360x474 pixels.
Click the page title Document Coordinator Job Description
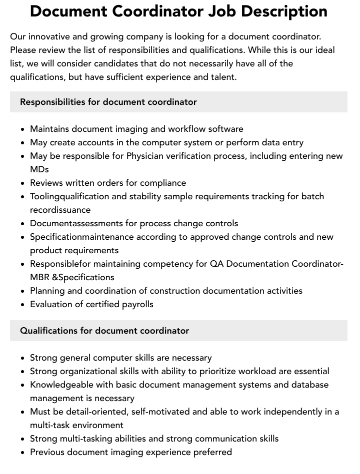pos(178,11)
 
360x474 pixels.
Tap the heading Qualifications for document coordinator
pos(104,331)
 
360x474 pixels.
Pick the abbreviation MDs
pos(39,169)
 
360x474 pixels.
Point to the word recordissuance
pos(60,210)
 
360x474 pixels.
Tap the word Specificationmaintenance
pos(82,237)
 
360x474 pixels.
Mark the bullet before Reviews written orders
pos(22,183)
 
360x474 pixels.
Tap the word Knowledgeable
pos(62,385)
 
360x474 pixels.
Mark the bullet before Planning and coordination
pos(22,291)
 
